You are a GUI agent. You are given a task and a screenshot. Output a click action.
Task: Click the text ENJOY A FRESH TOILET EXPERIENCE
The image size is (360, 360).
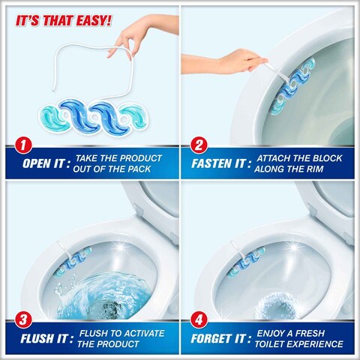pos(300,341)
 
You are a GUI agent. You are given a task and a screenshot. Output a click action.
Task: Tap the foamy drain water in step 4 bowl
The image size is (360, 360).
pos(274,307)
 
